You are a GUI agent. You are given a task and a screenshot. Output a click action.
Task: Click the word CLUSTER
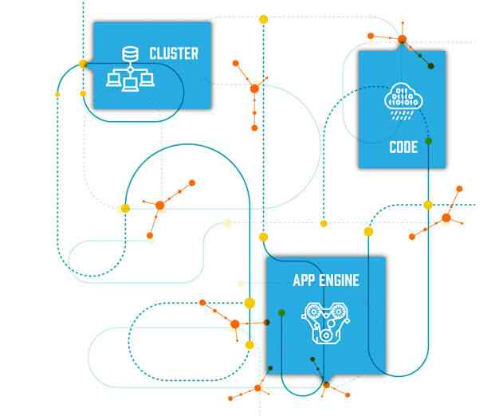174,54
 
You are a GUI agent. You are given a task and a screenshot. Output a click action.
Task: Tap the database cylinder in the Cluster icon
128,55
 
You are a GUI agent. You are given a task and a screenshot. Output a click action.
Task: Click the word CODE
403,147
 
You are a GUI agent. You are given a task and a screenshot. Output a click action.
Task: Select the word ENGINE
337,280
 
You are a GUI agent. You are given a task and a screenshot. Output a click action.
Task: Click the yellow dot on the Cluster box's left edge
83,63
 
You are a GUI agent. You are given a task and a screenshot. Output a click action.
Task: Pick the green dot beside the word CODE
428,141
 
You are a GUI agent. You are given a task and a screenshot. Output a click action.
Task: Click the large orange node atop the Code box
403,38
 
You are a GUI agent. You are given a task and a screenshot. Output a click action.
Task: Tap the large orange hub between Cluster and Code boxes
254,88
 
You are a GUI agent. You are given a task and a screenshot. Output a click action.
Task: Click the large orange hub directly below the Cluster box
159,206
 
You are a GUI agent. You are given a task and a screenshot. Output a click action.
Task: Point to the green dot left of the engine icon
281,312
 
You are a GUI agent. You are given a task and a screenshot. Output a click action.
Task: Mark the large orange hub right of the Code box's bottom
446,218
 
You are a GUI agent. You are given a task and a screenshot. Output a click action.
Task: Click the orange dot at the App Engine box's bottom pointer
325,385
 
